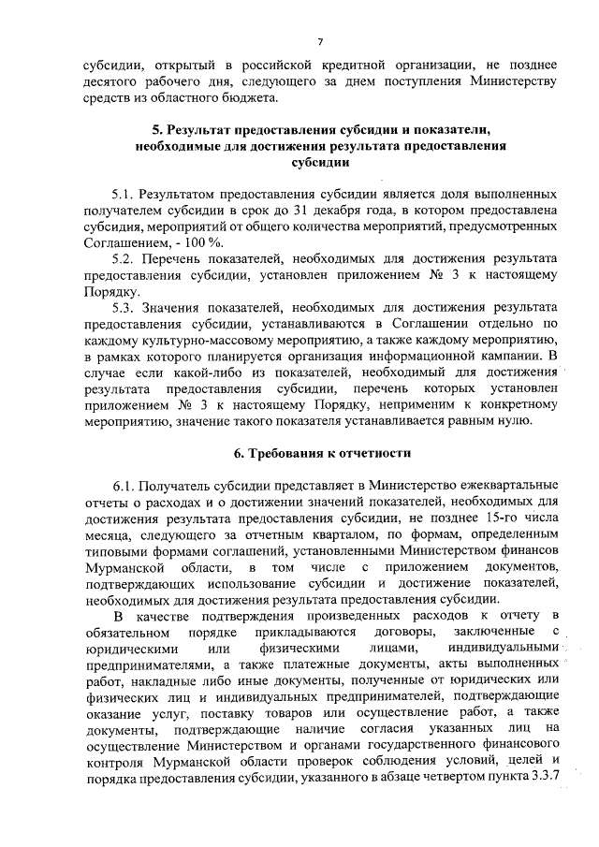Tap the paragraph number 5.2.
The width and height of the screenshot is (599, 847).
pyautogui.click(x=124, y=257)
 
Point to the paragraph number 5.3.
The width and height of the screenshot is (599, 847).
pyautogui.click(x=124, y=307)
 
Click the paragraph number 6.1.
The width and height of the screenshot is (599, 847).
pyautogui.click(x=125, y=488)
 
